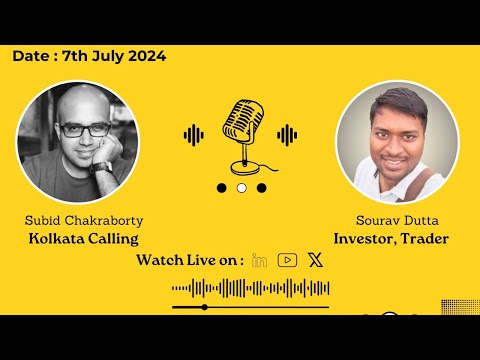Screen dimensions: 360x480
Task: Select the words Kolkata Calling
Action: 83,239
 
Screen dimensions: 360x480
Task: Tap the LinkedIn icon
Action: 260,260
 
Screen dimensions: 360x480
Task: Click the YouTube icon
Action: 288,260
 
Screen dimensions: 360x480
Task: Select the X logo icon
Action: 316,260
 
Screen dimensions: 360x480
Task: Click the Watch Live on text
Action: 190,260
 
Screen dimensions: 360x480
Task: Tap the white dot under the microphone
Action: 241,187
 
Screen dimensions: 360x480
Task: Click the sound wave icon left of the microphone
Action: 195,134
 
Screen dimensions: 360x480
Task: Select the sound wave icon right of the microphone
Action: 287,134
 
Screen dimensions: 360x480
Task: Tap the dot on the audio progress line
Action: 204,307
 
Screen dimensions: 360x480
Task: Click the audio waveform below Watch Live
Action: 250,289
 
